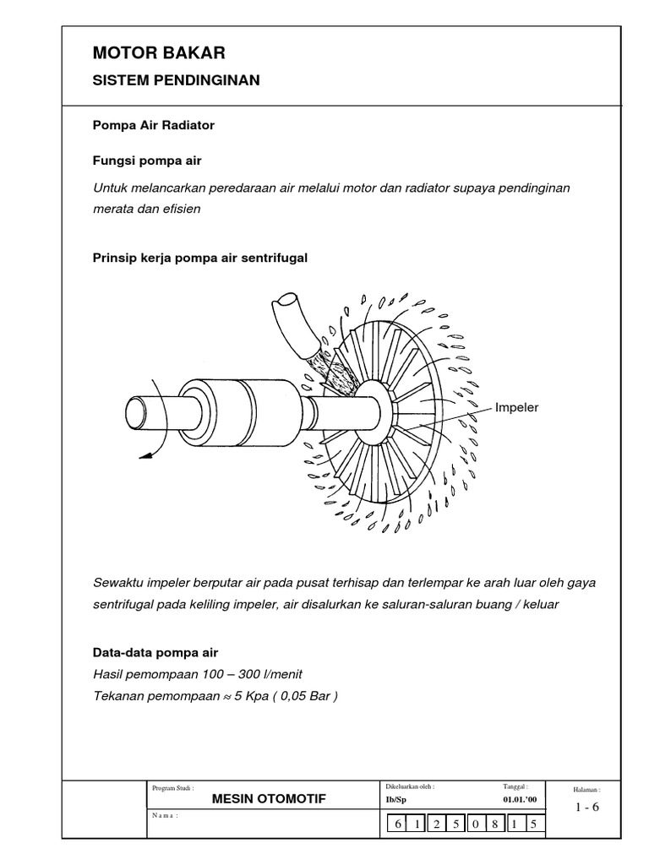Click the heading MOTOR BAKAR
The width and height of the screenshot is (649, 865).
click(159, 54)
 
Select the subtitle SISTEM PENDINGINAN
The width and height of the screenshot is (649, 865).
click(176, 80)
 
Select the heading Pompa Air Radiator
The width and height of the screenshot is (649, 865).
click(153, 125)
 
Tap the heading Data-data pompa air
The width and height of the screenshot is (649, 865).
click(155, 653)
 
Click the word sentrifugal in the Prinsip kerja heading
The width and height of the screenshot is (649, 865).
click(272, 258)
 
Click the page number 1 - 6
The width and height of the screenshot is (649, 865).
click(586, 807)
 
